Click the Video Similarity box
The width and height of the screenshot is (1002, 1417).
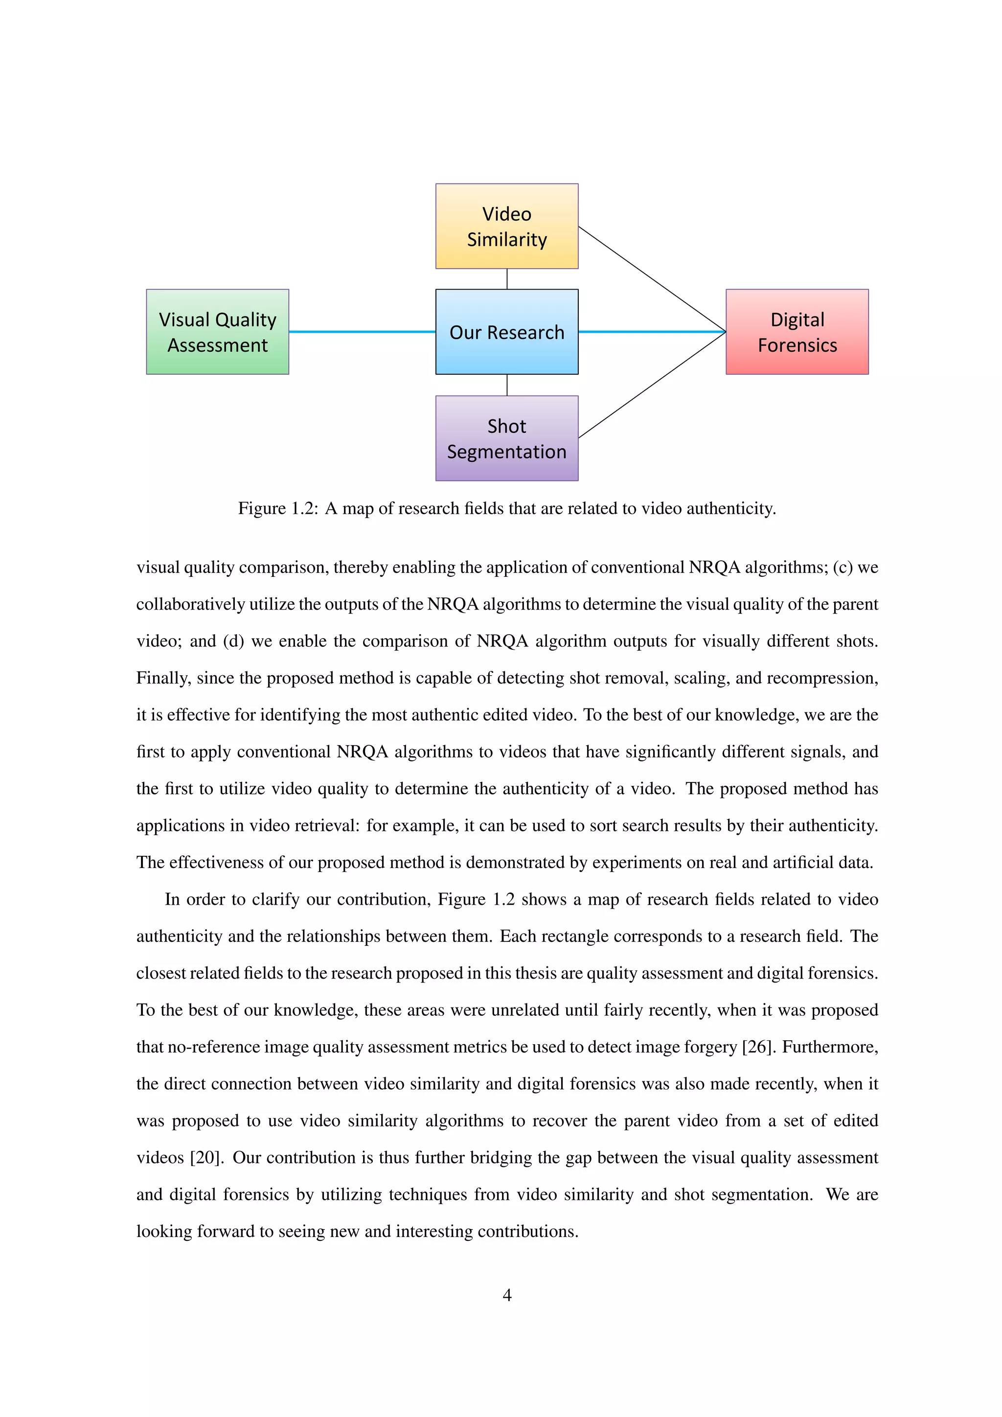point(506,226)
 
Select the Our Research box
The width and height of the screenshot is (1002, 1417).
point(506,332)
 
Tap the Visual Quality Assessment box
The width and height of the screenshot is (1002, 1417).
point(217,332)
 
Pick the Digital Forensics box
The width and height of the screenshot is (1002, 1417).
point(797,332)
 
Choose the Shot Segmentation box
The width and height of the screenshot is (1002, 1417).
point(506,438)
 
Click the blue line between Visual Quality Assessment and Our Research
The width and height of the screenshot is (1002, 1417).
point(362,332)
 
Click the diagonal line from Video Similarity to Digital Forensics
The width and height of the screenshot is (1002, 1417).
point(652,279)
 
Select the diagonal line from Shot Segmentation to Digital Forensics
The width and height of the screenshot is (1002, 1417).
point(652,385)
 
